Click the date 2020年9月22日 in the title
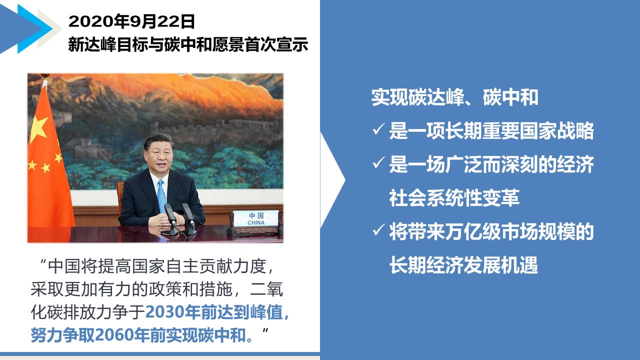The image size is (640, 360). click(x=131, y=21)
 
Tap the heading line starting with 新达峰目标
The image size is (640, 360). click(x=188, y=45)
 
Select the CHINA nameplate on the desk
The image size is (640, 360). click(x=255, y=218)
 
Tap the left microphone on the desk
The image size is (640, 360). click(x=170, y=215)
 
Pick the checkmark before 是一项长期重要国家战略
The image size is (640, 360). click(x=378, y=129)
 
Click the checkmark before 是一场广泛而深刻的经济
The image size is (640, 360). click(x=378, y=162)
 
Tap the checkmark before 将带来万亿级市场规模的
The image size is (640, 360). click(x=378, y=230)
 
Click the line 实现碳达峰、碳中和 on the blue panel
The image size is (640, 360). click(x=454, y=97)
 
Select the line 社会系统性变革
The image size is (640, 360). click(x=454, y=197)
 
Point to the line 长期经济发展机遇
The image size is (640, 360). click(x=463, y=265)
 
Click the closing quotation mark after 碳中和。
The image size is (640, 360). click(x=265, y=331)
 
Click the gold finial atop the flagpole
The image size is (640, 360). click(x=44, y=76)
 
